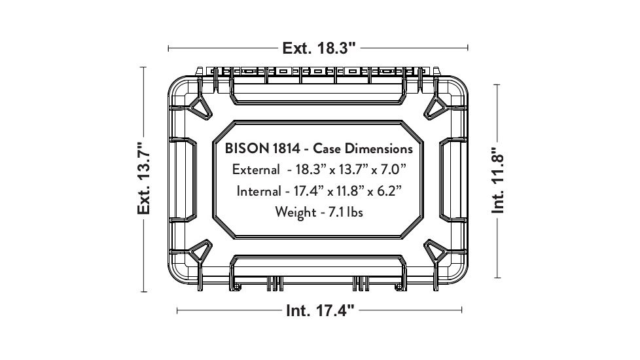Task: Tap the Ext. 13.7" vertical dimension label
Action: point(144,178)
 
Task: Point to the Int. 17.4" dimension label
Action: point(321,310)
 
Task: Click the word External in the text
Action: point(255,170)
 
